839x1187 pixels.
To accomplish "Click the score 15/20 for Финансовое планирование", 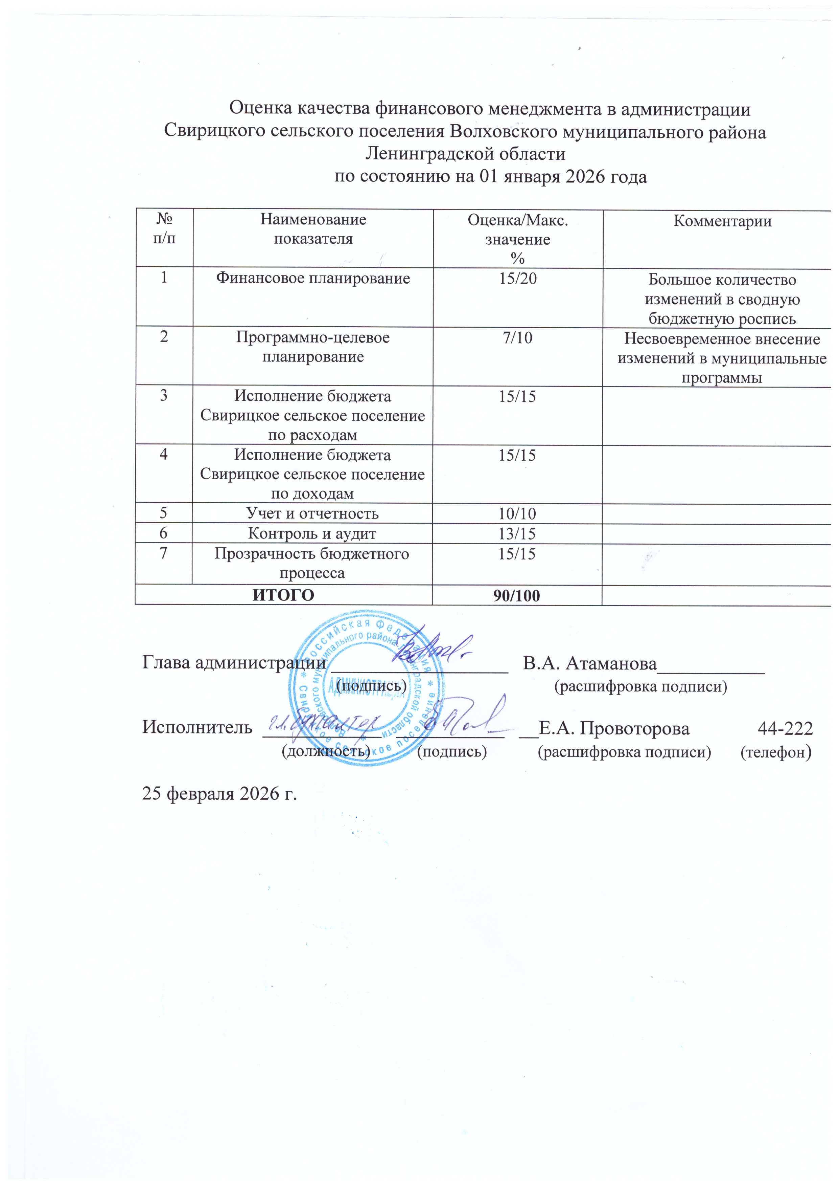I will tap(517, 279).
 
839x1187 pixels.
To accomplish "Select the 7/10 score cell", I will tap(517, 338).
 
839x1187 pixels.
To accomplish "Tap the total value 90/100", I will tap(517, 596).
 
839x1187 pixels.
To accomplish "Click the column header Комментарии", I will tap(722, 221).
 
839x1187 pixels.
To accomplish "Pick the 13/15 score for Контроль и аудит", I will tap(517, 533).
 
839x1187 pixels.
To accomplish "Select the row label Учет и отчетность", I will tap(312, 513).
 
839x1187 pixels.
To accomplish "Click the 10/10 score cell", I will tap(517, 513).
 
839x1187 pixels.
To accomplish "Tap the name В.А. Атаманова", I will tap(589, 663).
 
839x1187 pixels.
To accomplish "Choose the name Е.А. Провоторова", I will tap(614, 728).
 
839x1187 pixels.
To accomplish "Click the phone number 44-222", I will tap(785, 728).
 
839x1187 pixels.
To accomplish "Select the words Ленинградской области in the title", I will tap(465, 154).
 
